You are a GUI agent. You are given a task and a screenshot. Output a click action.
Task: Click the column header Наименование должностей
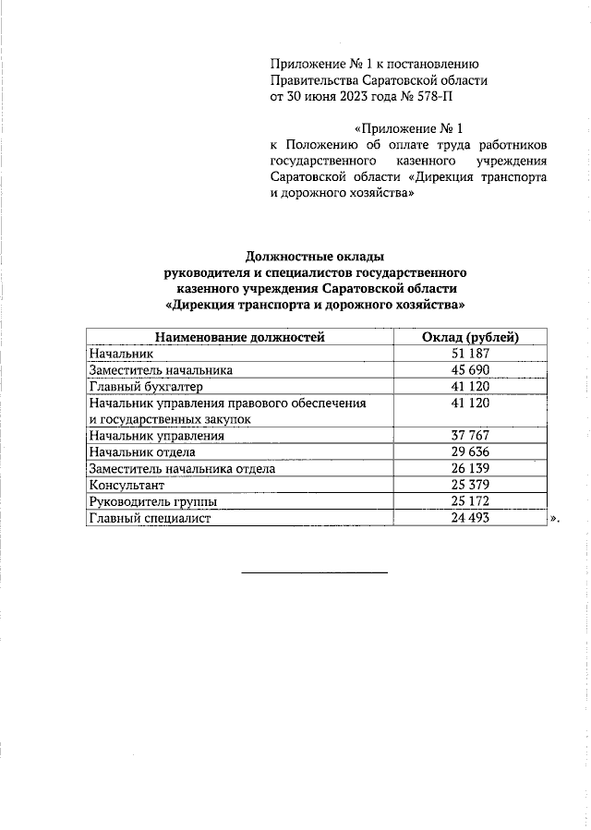click(239, 337)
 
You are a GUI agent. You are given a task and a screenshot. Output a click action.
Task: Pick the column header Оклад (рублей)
click(470, 337)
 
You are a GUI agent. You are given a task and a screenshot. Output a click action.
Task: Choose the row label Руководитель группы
click(153, 502)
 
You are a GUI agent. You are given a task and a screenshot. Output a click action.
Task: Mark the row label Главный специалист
click(150, 519)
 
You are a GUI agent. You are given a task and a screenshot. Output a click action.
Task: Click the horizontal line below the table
click(314, 572)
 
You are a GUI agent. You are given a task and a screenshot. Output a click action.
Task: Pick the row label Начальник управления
click(156, 436)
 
